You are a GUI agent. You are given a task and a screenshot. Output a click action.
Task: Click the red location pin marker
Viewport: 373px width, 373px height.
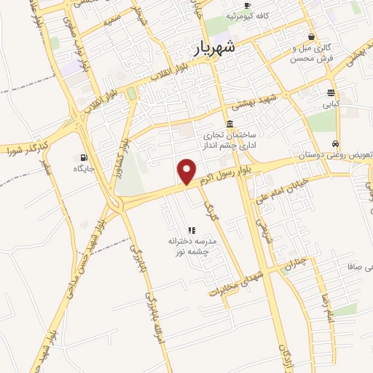point(187,172)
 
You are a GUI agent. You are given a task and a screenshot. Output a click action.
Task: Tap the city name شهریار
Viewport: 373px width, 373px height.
point(216,49)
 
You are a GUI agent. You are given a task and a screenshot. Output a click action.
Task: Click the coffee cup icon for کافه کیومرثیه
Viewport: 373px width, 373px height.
point(247,4)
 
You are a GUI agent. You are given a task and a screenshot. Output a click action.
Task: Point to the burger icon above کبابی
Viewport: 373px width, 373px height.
point(331,93)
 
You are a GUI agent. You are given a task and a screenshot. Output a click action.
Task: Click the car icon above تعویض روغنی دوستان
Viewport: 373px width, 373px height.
point(334,144)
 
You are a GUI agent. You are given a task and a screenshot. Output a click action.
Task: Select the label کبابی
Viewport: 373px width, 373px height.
point(331,104)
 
